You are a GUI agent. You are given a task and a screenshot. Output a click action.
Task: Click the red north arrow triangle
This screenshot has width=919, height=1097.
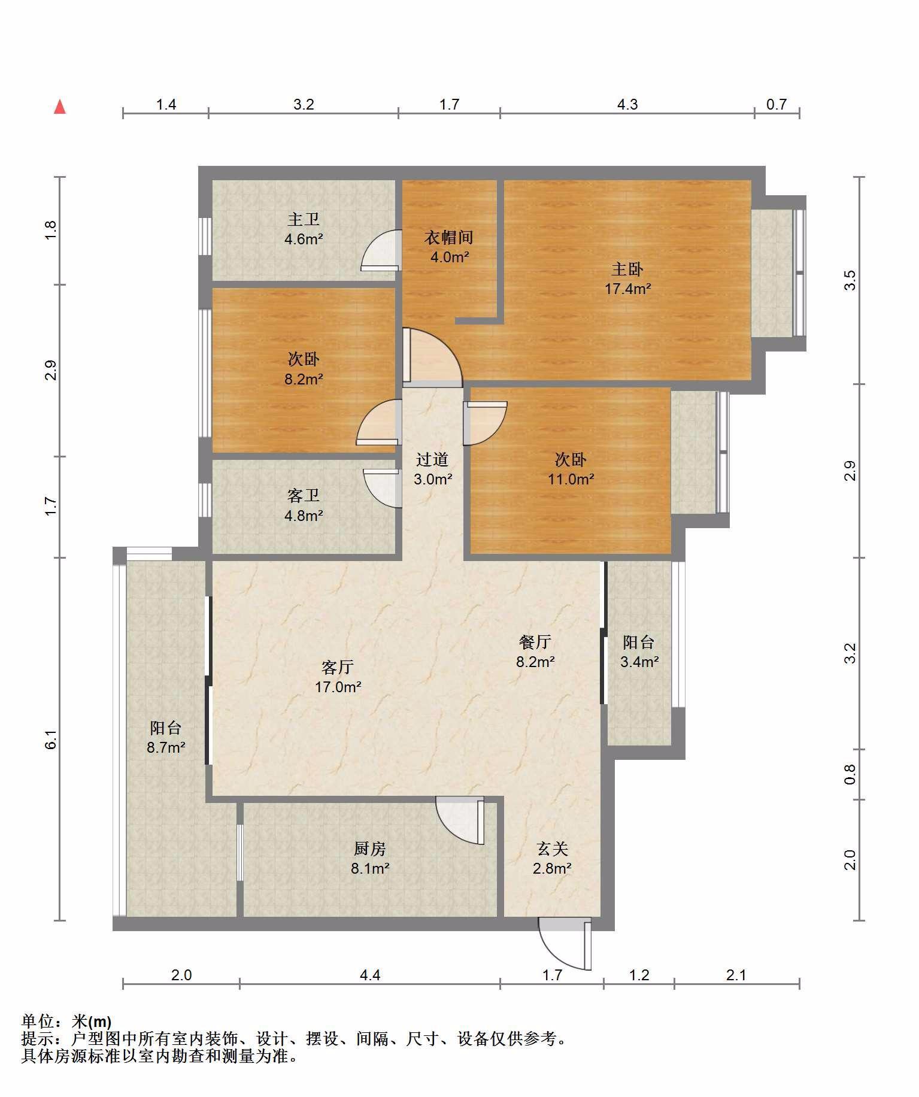click(x=60, y=107)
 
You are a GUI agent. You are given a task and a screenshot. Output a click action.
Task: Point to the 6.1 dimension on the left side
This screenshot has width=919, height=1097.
click(x=51, y=740)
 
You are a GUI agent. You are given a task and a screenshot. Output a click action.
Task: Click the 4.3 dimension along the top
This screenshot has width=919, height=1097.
click(x=627, y=105)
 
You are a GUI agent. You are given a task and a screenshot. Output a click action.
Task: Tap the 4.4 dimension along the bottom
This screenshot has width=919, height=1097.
click(x=370, y=975)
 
